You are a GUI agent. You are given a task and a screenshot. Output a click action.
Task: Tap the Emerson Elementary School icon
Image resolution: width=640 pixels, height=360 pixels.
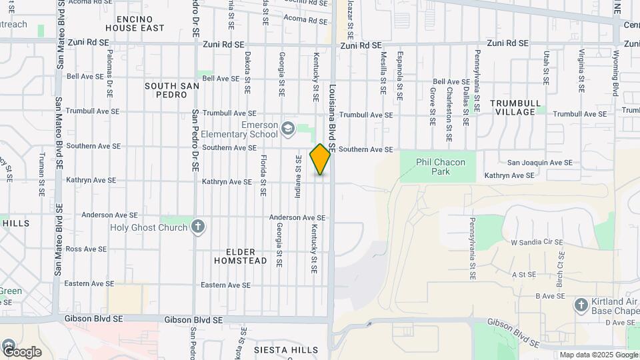[x=288, y=128]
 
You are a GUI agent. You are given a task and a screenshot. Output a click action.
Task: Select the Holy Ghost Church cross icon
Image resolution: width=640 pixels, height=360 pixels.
[x=197, y=227]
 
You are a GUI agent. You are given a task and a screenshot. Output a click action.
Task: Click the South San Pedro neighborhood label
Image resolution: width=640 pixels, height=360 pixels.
[x=170, y=91]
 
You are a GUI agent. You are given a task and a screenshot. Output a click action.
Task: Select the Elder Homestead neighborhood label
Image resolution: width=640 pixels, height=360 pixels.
[x=241, y=256]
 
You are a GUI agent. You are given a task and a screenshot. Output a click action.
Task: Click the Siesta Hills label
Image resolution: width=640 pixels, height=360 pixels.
[x=286, y=349]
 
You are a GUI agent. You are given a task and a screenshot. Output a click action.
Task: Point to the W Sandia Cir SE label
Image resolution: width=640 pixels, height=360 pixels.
[x=537, y=243]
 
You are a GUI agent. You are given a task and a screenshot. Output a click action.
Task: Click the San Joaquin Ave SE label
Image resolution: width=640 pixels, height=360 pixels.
[x=539, y=162]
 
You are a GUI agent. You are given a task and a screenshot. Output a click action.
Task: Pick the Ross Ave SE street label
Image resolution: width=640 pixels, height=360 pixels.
[x=86, y=249]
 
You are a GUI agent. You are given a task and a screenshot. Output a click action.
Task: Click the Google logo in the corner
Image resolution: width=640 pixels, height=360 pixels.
[x=21, y=351]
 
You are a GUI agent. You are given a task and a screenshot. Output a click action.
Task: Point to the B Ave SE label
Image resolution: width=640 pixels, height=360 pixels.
[x=551, y=295]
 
